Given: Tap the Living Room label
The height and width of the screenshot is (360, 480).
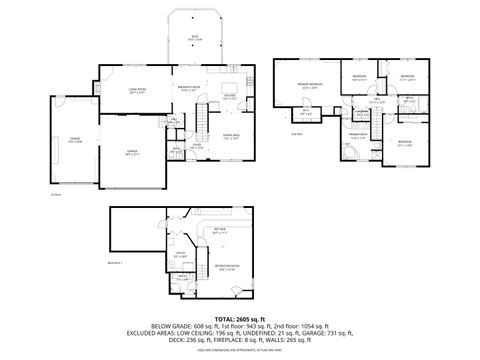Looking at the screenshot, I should point(138,91).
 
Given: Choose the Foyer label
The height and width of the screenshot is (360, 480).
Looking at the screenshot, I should point(198,145).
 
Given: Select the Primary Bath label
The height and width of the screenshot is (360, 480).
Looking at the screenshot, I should point(358,134).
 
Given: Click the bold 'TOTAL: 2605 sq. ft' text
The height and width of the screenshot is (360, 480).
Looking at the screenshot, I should point(239,317).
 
